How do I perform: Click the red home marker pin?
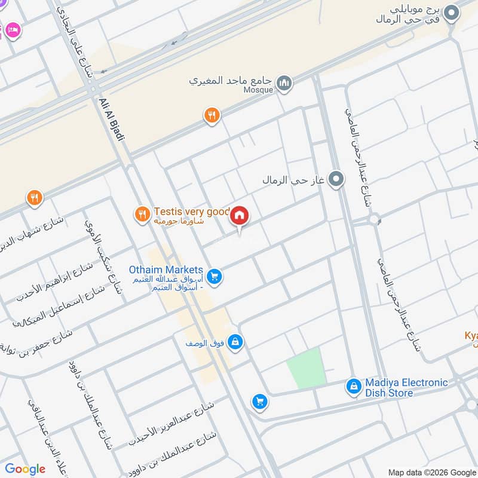240,216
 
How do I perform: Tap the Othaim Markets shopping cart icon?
216,277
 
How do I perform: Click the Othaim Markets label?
166,270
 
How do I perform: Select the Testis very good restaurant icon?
142,213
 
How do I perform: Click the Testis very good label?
191,212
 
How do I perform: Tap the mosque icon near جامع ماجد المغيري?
284,83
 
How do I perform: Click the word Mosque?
258,90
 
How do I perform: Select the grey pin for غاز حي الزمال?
337,179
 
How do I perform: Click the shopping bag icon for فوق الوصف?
235,341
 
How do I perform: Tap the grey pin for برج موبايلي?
452,12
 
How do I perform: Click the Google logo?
24,469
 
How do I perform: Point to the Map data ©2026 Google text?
431,471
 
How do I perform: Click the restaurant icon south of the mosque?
212,115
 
